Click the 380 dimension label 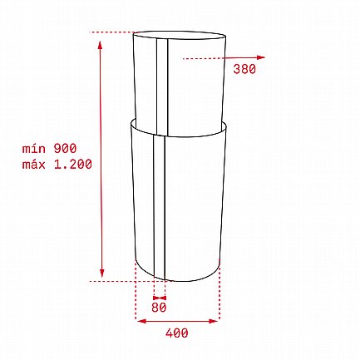[244, 69]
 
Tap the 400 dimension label [177, 333]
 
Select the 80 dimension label [159, 308]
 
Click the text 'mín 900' [49, 149]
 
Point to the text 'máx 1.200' [57, 165]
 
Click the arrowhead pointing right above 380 [261, 57]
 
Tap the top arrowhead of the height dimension [101, 45]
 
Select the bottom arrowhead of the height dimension [101, 273]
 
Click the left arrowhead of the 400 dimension [142, 321]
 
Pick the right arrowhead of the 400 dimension [214, 321]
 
